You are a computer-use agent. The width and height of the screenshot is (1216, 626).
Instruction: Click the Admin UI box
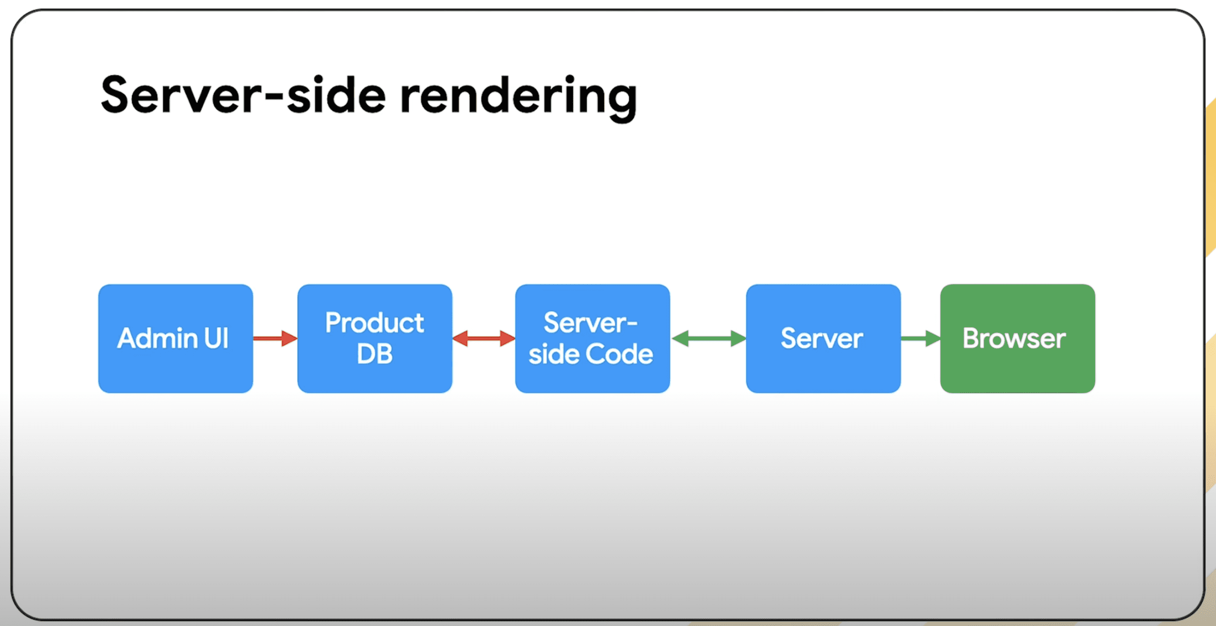pos(176,338)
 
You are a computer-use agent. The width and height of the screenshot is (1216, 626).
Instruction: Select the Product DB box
pos(375,338)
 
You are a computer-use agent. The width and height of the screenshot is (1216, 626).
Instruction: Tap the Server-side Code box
pos(592,338)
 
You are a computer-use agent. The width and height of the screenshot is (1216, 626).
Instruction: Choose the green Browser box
pos(1018,338)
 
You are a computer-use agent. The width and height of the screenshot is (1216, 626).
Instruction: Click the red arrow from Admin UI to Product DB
pos(275,338)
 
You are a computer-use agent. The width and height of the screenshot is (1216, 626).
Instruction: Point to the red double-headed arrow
pos(484,338)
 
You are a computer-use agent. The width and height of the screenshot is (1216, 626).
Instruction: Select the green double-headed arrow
pos(709,338)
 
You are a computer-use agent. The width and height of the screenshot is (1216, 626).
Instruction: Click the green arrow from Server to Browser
pos(920,338)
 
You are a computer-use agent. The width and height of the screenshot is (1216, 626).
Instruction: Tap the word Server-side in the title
pos(244,95)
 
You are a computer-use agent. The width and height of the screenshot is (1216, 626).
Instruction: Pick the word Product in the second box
pos(375,323)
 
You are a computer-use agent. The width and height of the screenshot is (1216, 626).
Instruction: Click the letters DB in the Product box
pos(375,354)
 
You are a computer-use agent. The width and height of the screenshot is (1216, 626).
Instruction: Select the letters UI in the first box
pos(217,338)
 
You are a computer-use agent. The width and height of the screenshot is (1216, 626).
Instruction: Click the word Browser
pos(1014,338)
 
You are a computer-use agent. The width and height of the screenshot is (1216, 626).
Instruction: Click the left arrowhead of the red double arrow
pos(460,338)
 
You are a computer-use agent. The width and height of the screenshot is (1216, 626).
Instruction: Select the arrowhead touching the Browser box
pos(933,338)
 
